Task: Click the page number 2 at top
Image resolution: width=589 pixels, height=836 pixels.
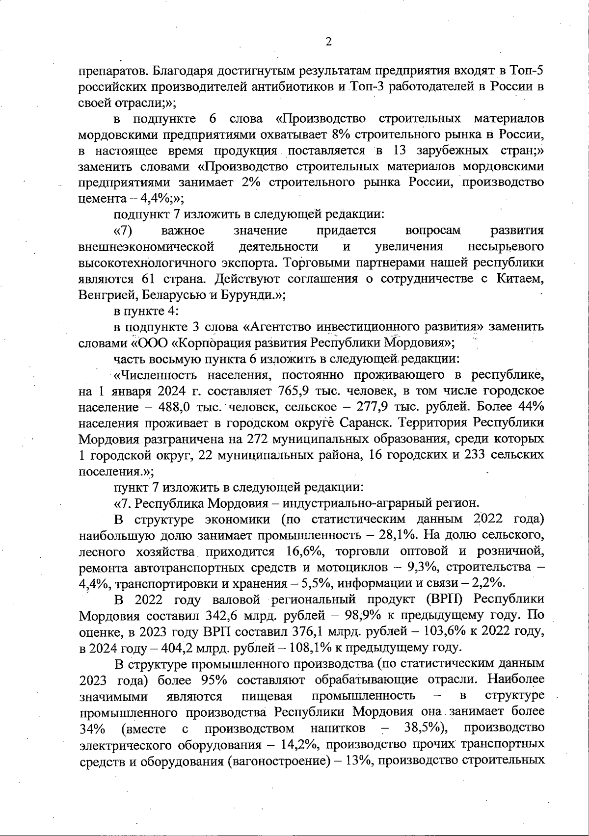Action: [x=328, y=42]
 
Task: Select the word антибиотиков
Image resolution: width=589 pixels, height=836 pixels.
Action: [x=293, y=86]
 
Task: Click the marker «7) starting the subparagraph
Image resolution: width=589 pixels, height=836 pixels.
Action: [x=124, y=230]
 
